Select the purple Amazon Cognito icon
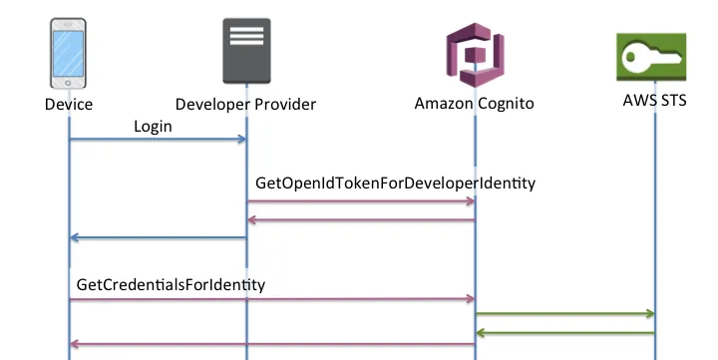point(475,60)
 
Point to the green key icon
point(653,59)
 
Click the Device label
point(69,104)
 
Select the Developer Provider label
point(245,104)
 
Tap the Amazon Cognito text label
point(475,104)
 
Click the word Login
point(153,127)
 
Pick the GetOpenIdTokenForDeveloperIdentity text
point(396,183)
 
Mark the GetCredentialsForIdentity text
point(171,284)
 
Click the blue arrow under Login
point(158,140)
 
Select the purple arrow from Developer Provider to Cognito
point(360,201)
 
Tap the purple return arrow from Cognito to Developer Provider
point(360,220)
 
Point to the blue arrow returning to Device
point(158,237)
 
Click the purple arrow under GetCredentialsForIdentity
point(271,298)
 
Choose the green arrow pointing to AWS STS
point(564,314)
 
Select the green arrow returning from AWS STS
point(564,332)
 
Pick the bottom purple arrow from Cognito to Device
point(271,344)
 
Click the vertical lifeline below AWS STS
point(655,219)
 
